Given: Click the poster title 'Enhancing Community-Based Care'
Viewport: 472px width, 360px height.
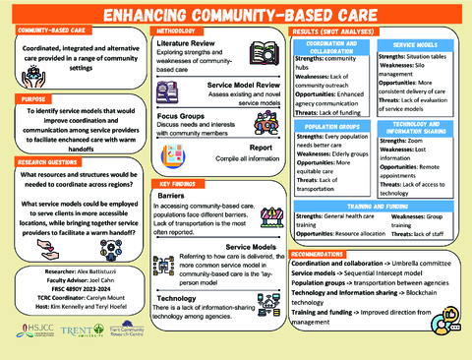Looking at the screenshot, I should pyautogui.click(x=236, y=15).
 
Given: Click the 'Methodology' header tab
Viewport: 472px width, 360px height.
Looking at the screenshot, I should pyautogui.click(x=178, y=32).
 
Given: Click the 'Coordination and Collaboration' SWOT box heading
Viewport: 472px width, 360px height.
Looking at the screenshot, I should pyautogui.click(x=325, y=47).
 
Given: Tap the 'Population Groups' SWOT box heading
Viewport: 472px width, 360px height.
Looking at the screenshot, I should pyautogui.click(x=325, y=127).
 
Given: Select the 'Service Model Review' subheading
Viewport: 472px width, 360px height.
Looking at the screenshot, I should pyautogui.click(x=218, y=87).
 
